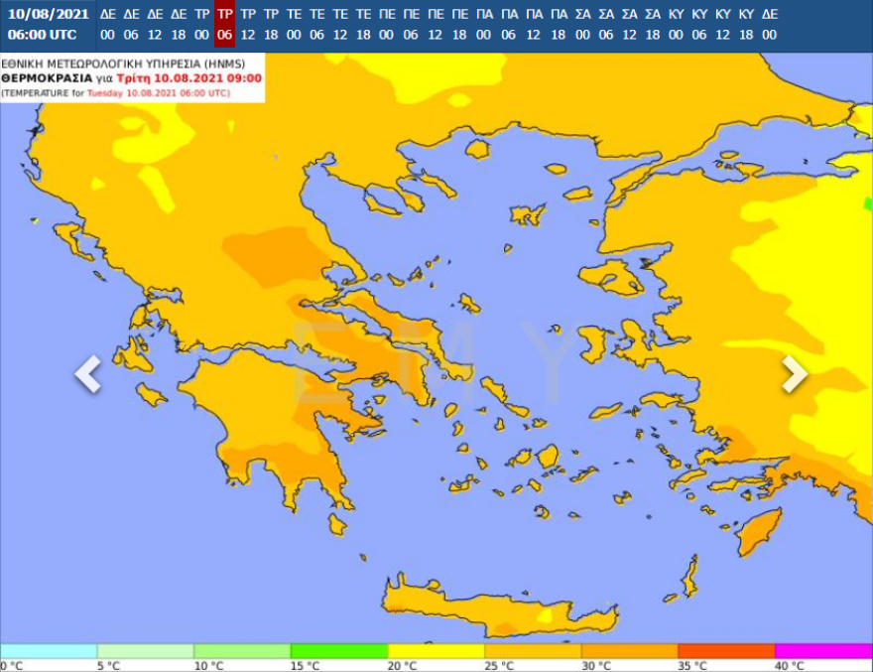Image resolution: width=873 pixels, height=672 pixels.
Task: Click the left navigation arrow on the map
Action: (88, 373)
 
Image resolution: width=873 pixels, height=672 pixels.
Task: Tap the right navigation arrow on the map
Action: (794, 373)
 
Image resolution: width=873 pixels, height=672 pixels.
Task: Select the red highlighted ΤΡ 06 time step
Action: (224, 24)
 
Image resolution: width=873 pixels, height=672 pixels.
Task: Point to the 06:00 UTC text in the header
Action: (42, 35)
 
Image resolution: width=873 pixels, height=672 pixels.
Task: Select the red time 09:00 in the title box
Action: (243, 77)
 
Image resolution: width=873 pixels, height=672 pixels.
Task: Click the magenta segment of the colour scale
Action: (823, 651)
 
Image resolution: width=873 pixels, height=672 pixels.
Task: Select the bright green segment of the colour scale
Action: (338, 651)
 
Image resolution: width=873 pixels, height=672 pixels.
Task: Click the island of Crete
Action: (496, 605)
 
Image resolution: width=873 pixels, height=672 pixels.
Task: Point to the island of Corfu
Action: (68, 238)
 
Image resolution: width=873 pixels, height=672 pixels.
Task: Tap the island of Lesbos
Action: (611, 277)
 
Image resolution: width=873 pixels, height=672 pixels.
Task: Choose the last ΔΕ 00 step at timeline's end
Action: (770, 24)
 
